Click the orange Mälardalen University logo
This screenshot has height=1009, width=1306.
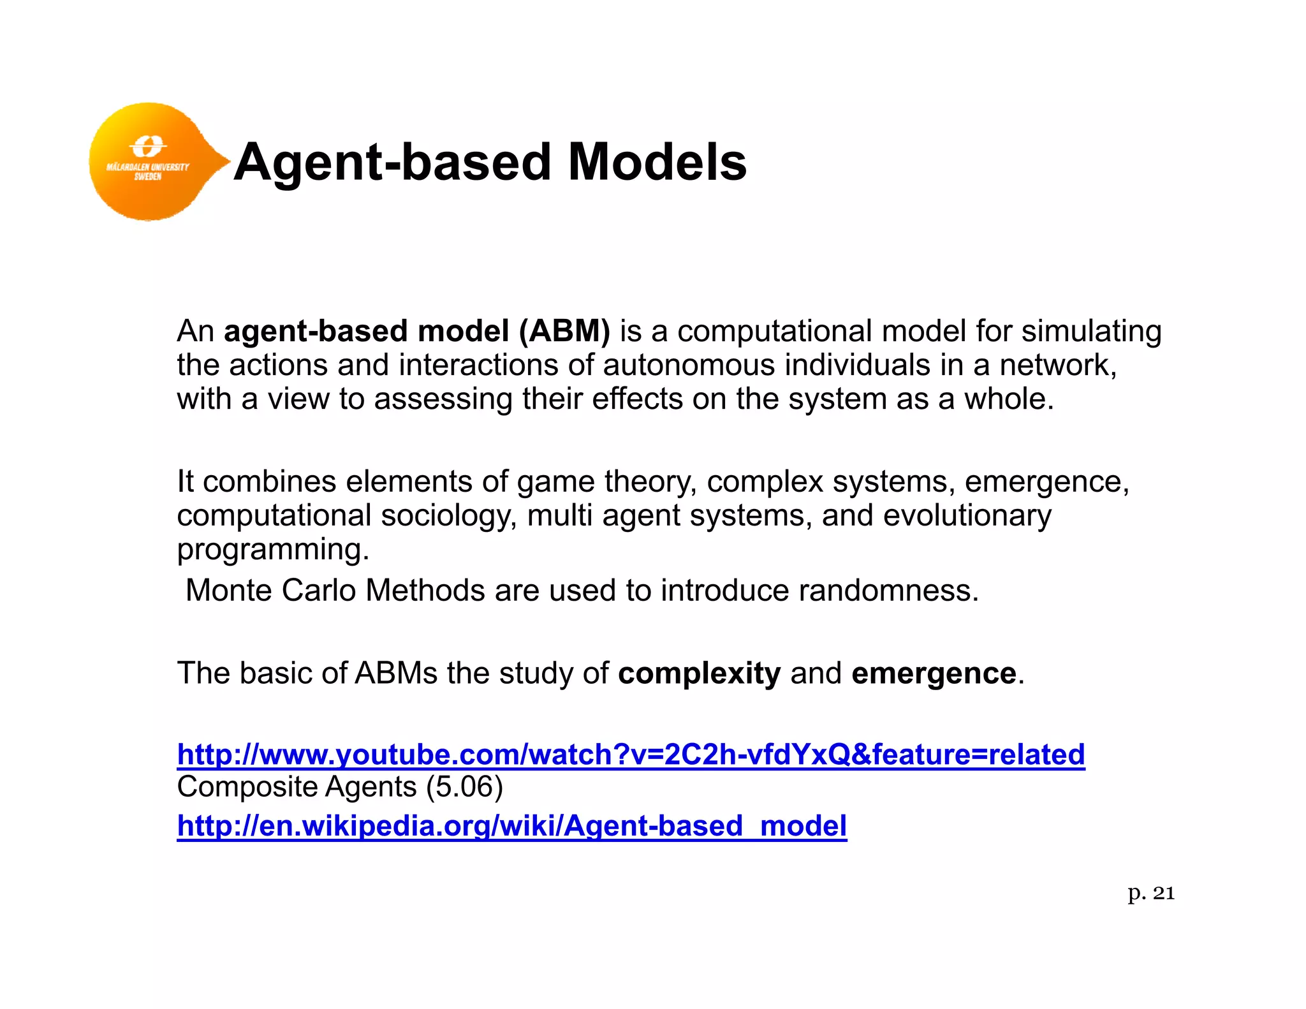click(x=150, y=161)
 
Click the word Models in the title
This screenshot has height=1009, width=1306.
click(x=657, y=162)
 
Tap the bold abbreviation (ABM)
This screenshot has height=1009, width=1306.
click(x=564, y=331)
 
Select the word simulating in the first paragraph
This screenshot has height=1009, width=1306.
click(x=1091, y=332)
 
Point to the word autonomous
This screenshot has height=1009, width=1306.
click(x=689, y=365)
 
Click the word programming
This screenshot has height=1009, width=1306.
click(x=272, y=550)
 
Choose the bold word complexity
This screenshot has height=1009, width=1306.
click(x=699, y=674)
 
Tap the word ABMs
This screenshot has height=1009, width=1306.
click(x=396, y=674)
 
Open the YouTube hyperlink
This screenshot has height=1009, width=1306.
click(x=631, y=755)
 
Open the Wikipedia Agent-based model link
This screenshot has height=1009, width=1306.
click(x=511, y=826)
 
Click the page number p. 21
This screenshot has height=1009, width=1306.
click(x=1150, y=893)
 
